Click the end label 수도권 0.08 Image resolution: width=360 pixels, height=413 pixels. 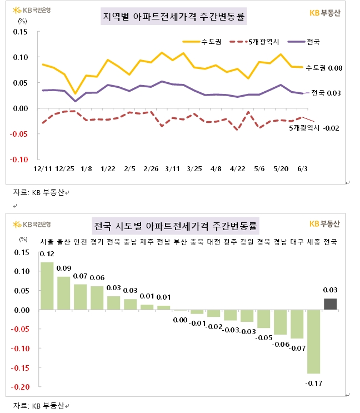(324, 68)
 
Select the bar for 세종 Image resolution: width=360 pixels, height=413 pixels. (313, 341)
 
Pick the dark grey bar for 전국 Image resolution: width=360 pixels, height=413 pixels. (330, 304)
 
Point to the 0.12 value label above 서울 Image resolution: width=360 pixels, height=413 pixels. (47, 254)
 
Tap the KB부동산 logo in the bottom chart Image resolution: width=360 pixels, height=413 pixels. (324, 224)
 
